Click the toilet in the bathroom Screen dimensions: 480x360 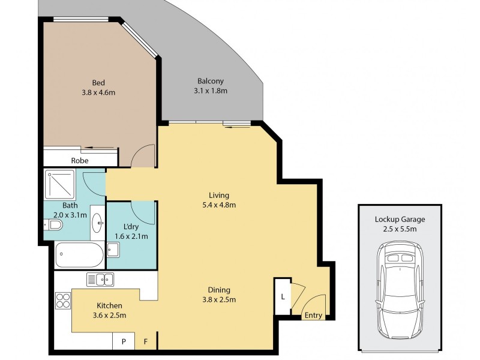[53, 225]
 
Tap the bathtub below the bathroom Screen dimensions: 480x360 [80, 254]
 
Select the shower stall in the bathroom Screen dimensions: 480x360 [60, 185]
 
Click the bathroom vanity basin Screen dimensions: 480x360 [98, 223]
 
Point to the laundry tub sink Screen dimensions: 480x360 [113, 250]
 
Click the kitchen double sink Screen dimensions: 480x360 [100, 280]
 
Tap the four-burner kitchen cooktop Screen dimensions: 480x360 [63, 301]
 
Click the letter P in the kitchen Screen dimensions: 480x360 [124, 341]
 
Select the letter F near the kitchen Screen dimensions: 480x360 [146, 341]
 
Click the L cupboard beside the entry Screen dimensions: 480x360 [282, 296]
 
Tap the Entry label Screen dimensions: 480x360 [313, 316]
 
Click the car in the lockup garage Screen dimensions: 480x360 [400, 289]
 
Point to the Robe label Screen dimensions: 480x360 [80, 160]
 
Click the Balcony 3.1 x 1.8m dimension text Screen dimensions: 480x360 [211, 91]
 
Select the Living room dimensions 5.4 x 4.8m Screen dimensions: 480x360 [219, 205]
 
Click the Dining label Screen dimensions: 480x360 [219, 290]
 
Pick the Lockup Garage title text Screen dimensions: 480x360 [400, 220]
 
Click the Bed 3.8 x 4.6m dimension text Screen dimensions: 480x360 [98, 92]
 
